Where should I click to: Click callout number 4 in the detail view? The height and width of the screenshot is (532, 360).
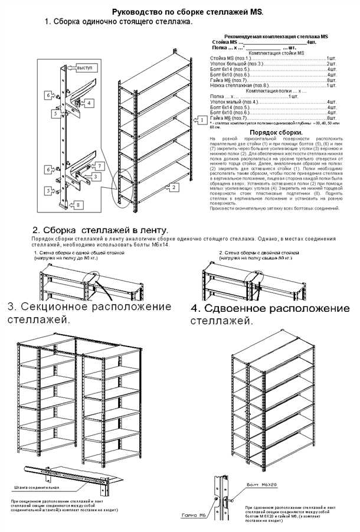(89, 103)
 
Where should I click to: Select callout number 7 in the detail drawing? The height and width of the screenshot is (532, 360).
(100, 166)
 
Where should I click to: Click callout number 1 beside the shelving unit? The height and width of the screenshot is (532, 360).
(201, 120)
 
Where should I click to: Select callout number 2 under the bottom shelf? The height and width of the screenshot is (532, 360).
(175, 187)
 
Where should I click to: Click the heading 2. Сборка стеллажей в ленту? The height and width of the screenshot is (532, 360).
(100, 230)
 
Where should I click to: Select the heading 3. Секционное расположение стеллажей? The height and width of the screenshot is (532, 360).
(89, 314)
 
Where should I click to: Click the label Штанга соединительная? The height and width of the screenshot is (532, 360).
(36, 488)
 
